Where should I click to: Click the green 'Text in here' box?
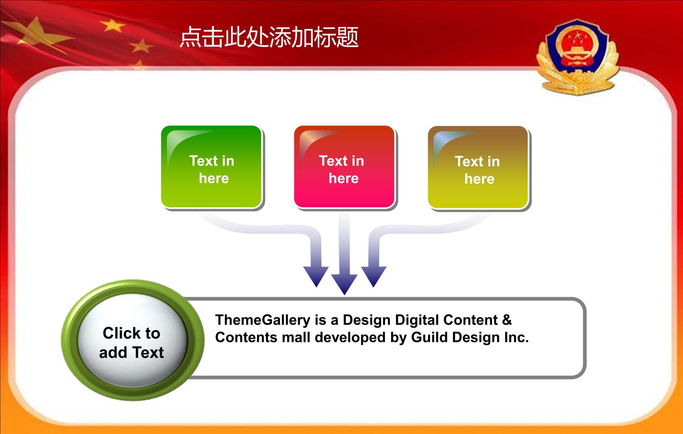pos(212,167)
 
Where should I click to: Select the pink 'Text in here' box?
pos(344,167)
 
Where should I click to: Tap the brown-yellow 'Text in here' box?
pos(478,167)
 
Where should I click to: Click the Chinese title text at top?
pos(269,37)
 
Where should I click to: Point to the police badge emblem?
pos(577,57)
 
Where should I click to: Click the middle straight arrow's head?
pos(344,284)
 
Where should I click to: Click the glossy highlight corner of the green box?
pos(181,143)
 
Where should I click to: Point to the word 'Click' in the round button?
pos(120,333)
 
